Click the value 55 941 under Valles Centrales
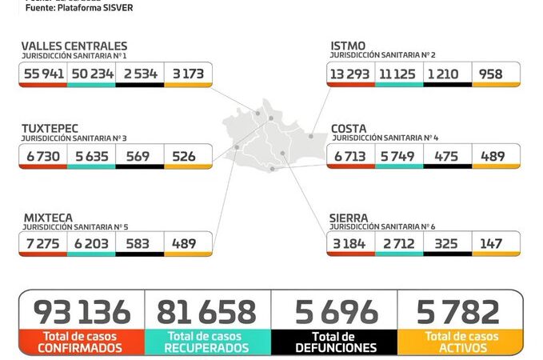43,74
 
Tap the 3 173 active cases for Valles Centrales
187,74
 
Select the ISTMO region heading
348,46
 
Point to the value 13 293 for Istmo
350,74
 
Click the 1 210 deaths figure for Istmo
446,74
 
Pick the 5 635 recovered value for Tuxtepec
90,156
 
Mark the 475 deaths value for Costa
446,156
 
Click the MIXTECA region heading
47,216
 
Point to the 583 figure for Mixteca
138,244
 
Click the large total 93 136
81,312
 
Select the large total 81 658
207,312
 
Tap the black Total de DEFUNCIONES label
334,342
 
